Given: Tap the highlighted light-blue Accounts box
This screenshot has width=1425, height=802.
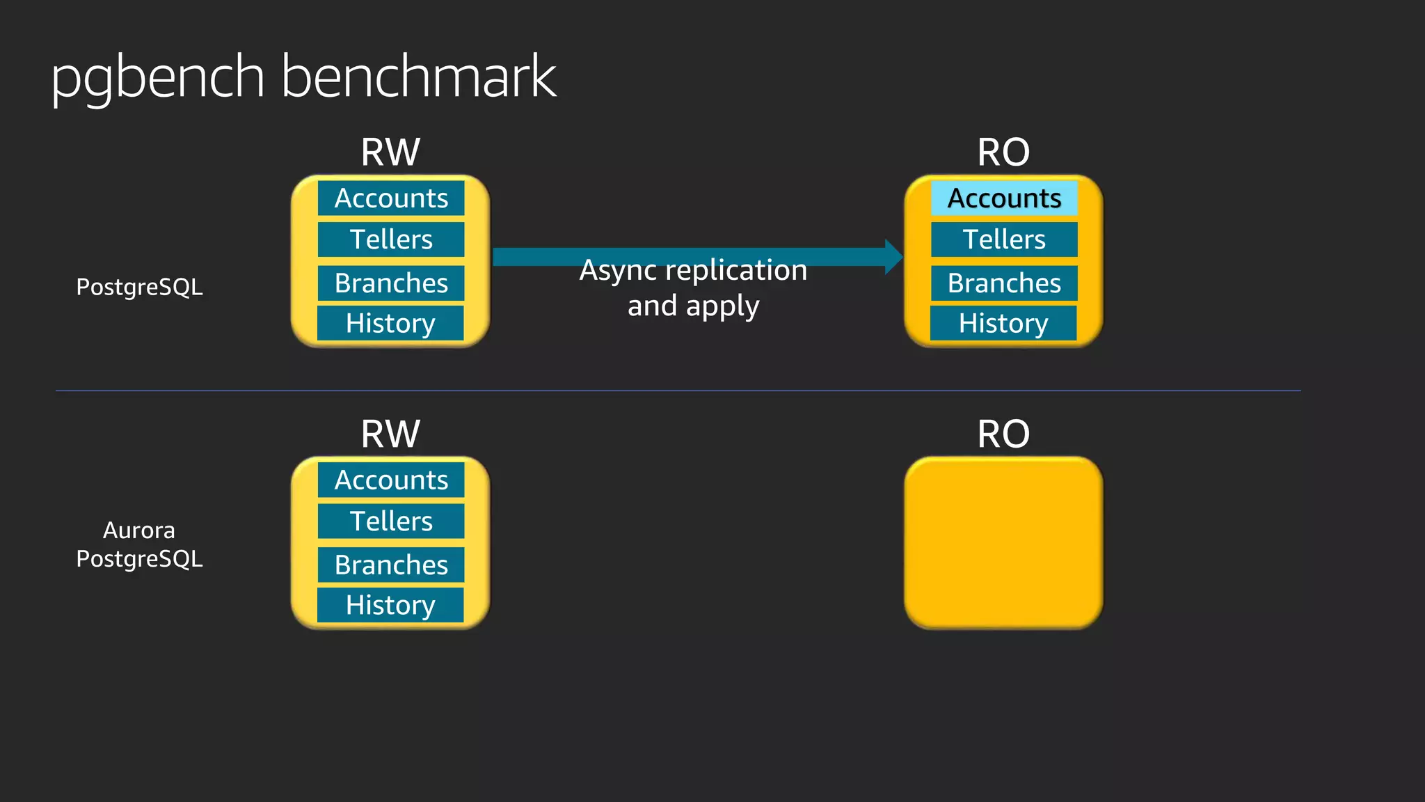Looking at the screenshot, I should (1004, 198).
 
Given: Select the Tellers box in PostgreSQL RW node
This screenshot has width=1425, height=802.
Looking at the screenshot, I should (391, 239).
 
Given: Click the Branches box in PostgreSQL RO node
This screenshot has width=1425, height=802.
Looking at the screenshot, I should (1004, 283).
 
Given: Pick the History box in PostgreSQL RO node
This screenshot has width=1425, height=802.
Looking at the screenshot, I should (1003, 324).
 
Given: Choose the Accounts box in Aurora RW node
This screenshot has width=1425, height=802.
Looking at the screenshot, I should (391, 480).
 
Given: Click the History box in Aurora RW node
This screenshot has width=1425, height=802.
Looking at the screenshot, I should (390, 606).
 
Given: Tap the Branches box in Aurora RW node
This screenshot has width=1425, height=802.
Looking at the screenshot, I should (391, 565).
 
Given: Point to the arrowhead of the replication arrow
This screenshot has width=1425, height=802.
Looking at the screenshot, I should (893, 257).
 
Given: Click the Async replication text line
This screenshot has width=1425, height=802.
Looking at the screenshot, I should (693, 270).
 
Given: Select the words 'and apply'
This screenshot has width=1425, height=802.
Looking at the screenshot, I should (693, 306).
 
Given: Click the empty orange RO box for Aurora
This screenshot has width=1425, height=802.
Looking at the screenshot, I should (1003, 543).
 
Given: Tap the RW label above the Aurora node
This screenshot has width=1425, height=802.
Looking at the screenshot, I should (390, 434).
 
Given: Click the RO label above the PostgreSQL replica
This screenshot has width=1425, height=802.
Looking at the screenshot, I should (1003, 152).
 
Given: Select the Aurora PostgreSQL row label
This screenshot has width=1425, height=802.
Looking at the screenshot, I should (139, 544).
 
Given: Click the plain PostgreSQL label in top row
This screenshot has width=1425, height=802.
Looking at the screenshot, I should (139, 287).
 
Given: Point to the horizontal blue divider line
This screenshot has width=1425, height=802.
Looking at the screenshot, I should (678, 391).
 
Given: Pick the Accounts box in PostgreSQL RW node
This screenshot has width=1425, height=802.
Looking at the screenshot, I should (391, 198).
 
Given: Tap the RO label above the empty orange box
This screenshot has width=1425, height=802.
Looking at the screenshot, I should (1003, 434).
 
